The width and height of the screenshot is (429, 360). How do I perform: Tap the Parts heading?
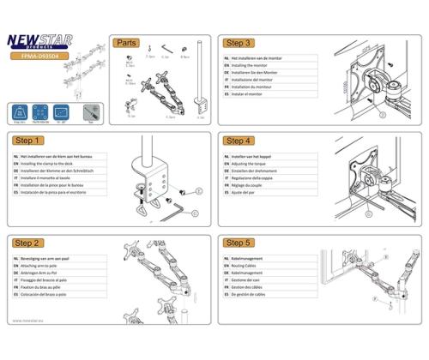click(x=126, y=43)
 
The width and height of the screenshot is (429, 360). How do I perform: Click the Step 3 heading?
click(x=238, y=43)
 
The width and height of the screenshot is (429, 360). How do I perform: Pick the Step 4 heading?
click(x=238, y=141)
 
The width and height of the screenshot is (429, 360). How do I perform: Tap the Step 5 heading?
click(x=238, y=243)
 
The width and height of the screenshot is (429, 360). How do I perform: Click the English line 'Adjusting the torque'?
click(x=257, y=165)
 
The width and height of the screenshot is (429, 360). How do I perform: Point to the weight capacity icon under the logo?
click(x=20, y=112)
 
